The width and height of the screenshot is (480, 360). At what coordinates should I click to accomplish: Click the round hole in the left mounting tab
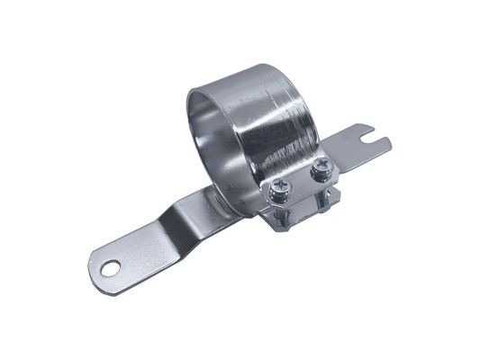[111, 266]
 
